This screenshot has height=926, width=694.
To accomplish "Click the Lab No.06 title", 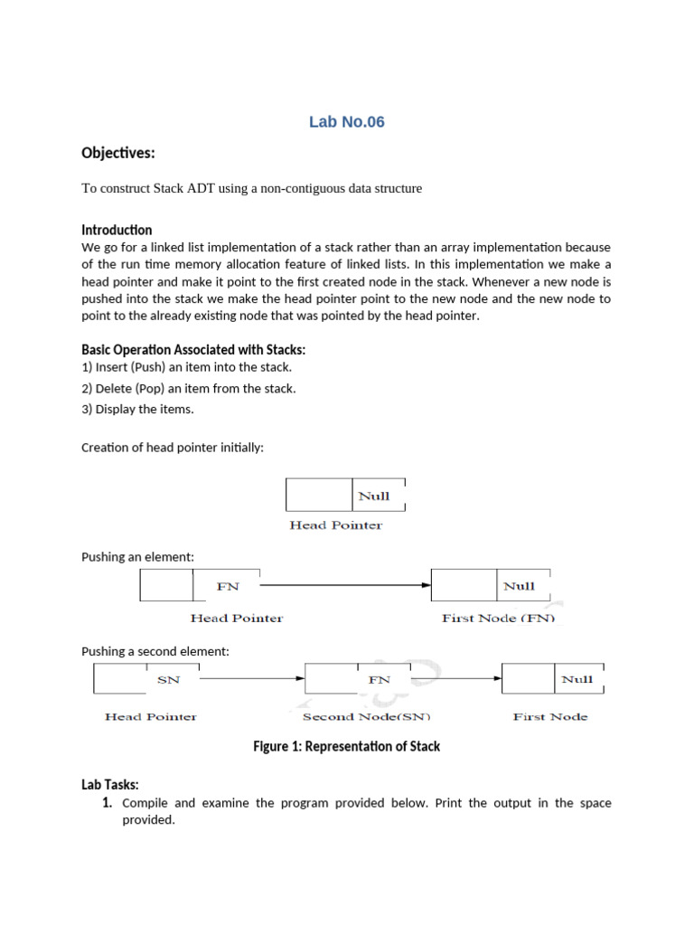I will coord(346,122).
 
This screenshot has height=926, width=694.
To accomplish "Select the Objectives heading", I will coord(118,153).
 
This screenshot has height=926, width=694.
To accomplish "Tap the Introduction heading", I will coord(117,230).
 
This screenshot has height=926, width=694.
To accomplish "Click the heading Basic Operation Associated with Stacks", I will coord(200,350).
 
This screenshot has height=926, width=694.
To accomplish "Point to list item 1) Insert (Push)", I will coord(187,367).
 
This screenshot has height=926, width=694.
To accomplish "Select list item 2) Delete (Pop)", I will coord(189,388).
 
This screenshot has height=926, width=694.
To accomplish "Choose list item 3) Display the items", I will coord(138,409).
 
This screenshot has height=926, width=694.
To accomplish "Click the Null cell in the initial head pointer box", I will coord(375,496).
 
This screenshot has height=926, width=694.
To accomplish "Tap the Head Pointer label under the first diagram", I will coord(335,525).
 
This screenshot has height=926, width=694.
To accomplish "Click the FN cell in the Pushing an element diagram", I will coord(228,586).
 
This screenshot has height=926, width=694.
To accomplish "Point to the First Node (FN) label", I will coord(498,619).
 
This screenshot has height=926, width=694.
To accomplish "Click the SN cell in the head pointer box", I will coord(169,678).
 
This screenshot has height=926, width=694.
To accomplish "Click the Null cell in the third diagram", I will coord(577,678).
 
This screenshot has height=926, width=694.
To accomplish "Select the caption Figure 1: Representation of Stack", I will coord(346,747).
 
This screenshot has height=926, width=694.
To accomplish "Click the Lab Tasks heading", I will coord(110,785).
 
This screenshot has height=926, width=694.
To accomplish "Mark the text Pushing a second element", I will coord(155,651).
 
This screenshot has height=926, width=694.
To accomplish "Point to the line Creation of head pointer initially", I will coord(173,448).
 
